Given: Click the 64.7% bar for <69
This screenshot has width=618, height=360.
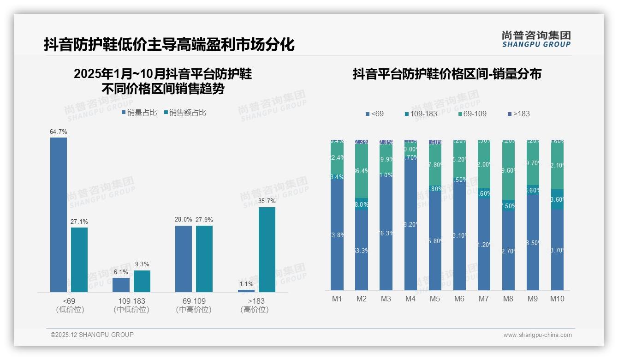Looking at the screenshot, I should point(59,215).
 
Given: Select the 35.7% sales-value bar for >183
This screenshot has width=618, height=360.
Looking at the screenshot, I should point(267,249).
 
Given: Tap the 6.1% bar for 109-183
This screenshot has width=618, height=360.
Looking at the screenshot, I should point(121,285).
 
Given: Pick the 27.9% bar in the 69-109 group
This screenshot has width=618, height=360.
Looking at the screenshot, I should point(204,258).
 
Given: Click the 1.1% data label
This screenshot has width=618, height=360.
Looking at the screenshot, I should point(246,284).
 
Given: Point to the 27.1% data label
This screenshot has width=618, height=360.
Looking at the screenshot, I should point(79,222).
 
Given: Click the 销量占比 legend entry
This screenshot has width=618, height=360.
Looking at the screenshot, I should point(139,112).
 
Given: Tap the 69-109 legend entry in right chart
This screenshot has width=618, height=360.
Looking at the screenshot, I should point(472,114).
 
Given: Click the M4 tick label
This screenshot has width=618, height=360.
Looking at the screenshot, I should point(410,299).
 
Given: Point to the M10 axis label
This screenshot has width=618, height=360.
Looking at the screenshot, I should point(557,299).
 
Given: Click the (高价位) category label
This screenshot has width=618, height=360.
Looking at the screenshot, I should point(255,310).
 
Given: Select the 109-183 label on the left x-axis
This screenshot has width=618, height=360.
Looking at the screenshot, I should point(131,301).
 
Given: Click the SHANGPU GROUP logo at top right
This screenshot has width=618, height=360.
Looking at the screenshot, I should point(536,39).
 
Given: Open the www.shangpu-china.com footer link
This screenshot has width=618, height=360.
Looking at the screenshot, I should point(537,335).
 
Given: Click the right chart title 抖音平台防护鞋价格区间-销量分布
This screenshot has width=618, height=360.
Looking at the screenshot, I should point(447,74).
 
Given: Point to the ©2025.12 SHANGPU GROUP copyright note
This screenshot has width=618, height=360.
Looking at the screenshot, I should point(92,335).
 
